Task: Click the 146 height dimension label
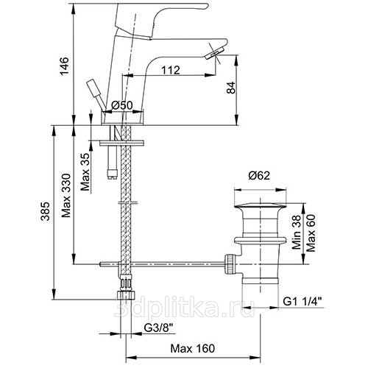click(65, 66)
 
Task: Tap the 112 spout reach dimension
click(171, 70)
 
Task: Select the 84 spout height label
click(231, 88)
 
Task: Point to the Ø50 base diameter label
click(122, 105)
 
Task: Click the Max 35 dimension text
click(85, 172)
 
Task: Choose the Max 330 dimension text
click(66, 196)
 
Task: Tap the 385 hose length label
click(46, 211)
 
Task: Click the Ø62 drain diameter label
click(259, 175)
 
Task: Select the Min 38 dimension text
click(297, 232)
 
